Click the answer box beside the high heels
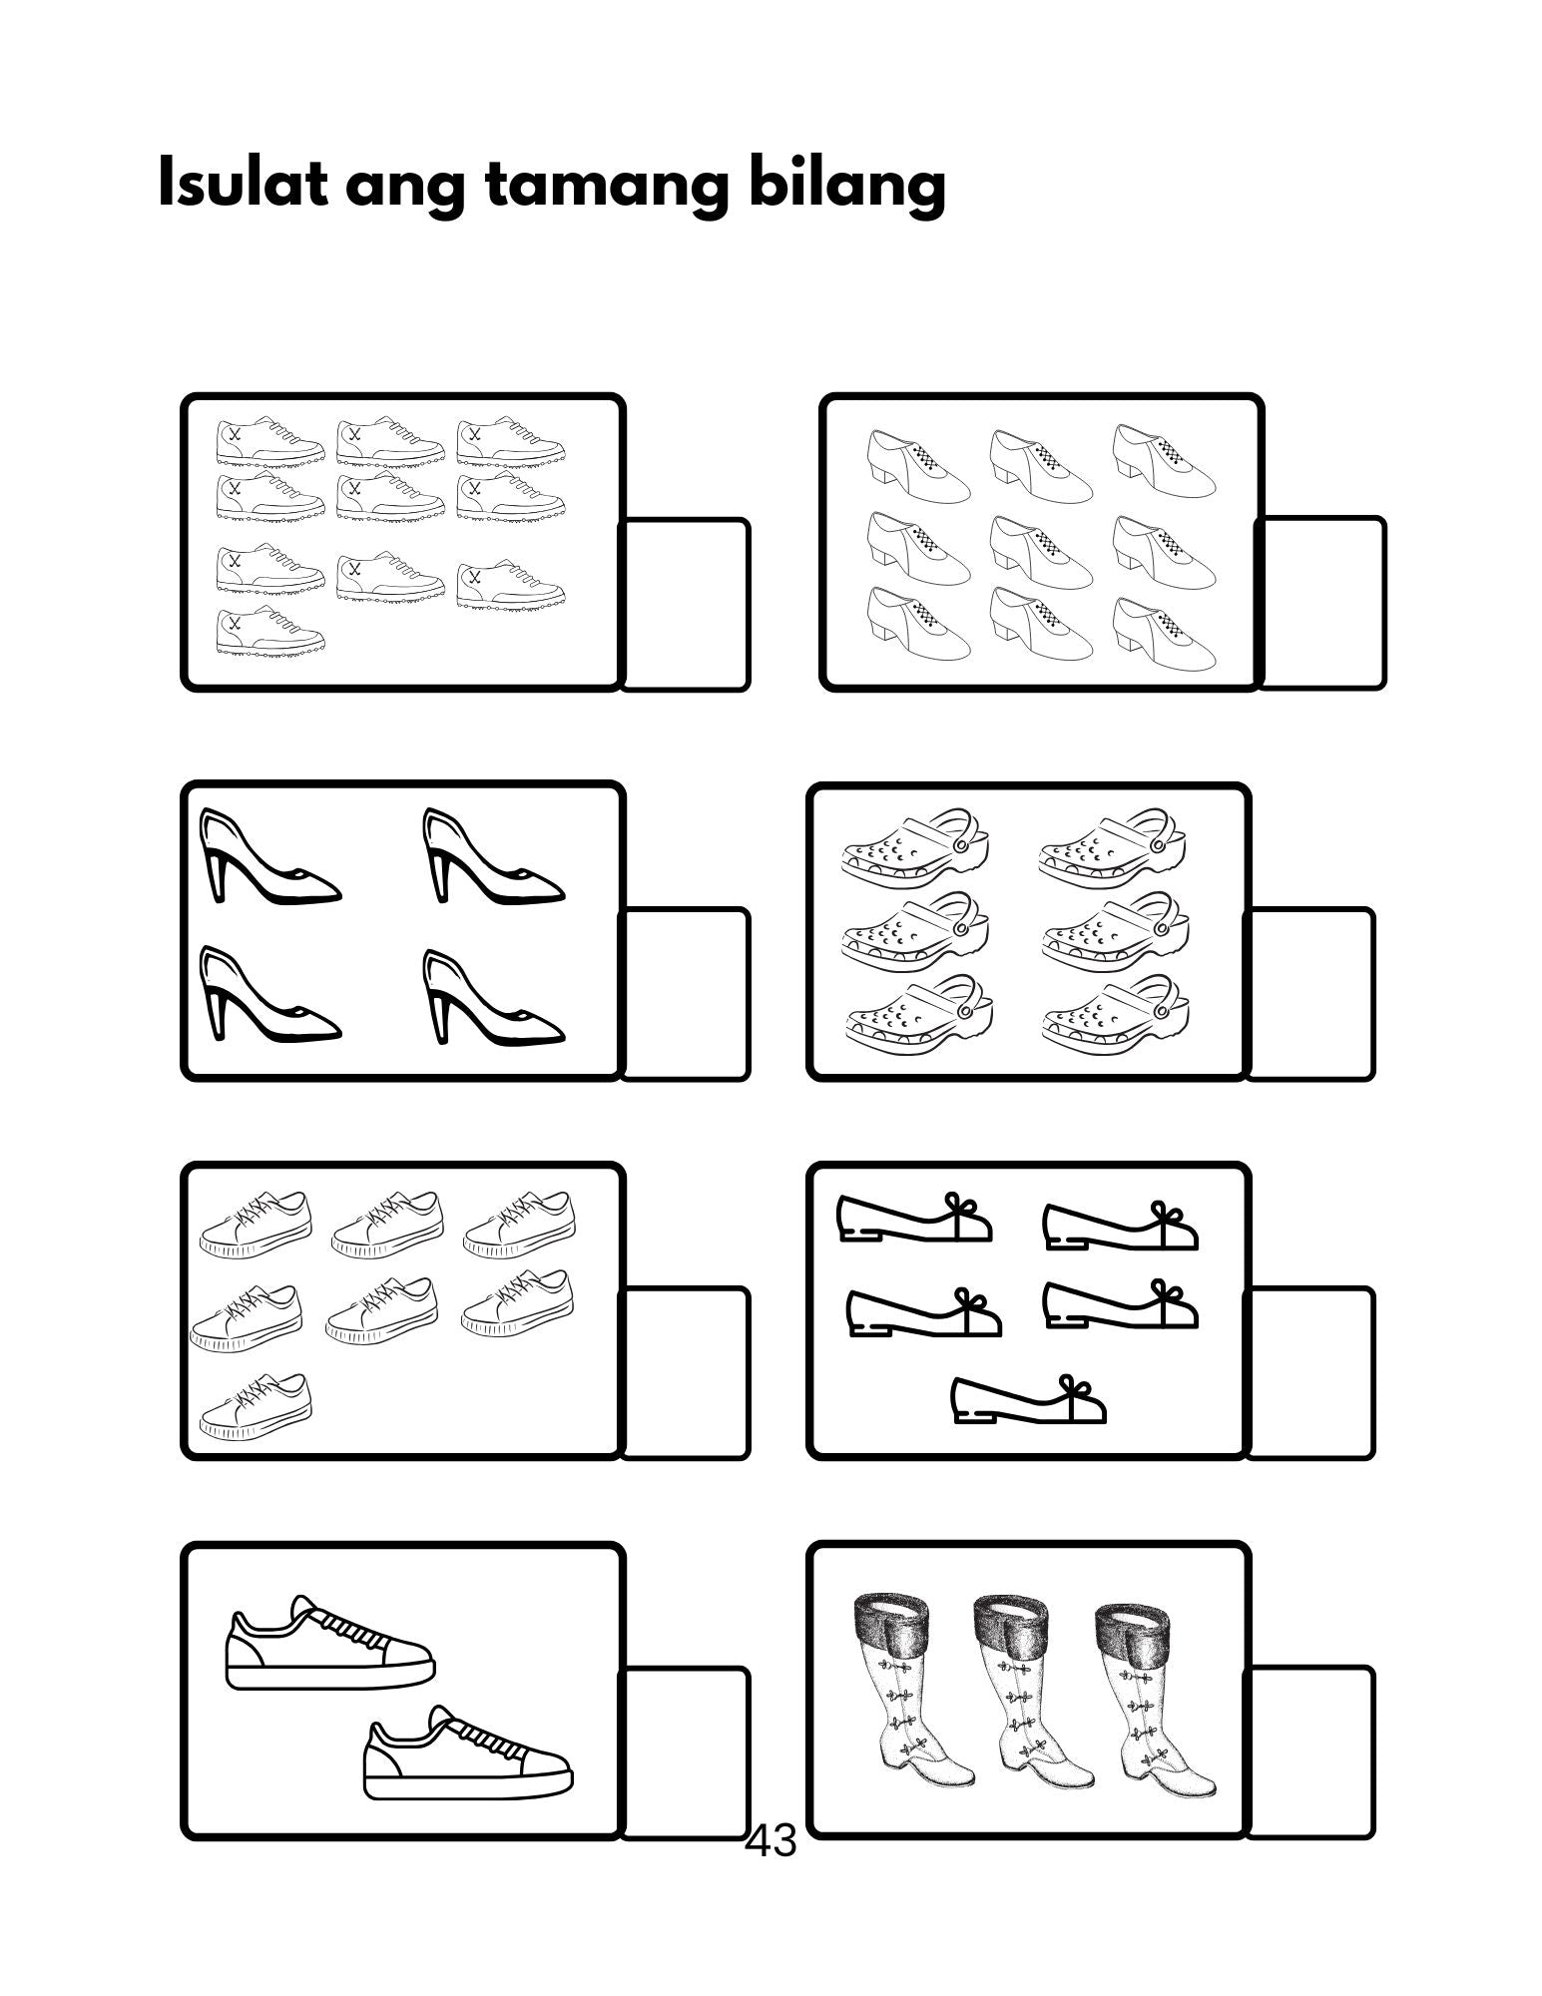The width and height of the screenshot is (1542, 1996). (685, 994)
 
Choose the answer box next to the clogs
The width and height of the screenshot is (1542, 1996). (1309, 994)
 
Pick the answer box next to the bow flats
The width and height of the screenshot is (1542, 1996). (1309, 1373)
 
